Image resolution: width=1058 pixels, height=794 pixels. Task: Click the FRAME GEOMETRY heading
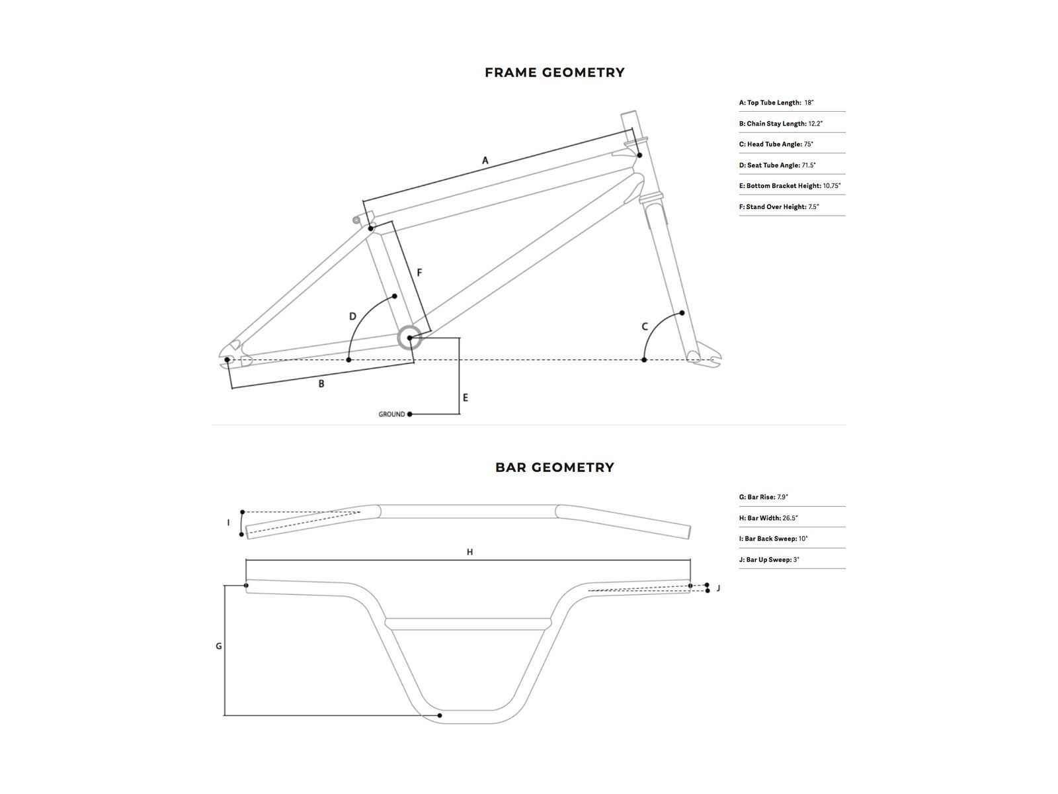(x=554, y=73)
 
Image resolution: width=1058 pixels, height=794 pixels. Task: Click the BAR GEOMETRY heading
(x=554, y=468)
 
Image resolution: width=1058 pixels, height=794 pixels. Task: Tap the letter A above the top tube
(x=485, y=161)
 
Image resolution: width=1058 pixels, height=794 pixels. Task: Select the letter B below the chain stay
(x=321, y=384)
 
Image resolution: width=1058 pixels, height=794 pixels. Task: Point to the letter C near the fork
(x=645, y=327)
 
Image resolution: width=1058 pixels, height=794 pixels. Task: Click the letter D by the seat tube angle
(x=352, y=317)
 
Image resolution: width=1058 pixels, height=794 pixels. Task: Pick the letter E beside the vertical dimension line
(x=466, y=398)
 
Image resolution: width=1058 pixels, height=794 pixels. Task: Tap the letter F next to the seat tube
(x=419, y=273)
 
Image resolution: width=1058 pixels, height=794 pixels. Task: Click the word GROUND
(x=391, y=414)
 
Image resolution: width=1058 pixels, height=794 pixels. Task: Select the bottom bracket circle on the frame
(x=409, y=338)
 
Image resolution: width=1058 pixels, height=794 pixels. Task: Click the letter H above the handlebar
(x=469, y=552)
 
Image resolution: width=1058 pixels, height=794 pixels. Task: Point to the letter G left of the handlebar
(x=219, y=646)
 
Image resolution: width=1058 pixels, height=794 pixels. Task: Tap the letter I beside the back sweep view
(x=229, y=523)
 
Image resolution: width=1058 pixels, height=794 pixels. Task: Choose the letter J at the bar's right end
(x=718, y=588)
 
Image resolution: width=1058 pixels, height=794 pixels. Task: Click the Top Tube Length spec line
(x=776, y=103)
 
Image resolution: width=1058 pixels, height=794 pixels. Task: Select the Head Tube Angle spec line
(x=776, y=144)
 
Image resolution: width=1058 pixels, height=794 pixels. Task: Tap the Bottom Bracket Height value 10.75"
(x=832, y=186)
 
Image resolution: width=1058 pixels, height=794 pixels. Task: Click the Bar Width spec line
(x=768, y=518)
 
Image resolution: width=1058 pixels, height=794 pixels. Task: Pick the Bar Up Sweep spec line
(x=769, y=560)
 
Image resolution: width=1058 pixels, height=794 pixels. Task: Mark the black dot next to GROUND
(x=410, y=414)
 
